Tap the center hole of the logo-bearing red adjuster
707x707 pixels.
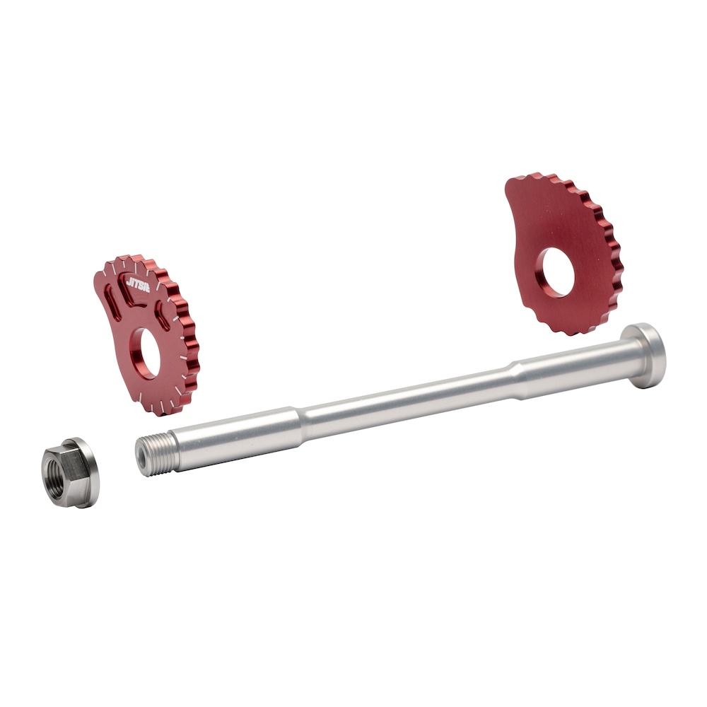[x=150, y=352]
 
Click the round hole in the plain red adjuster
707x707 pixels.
[x=559, y=272]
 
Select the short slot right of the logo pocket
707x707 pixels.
[x=163, y=315]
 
